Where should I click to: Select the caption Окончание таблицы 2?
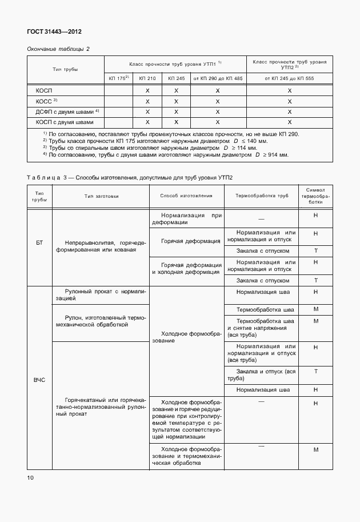tap(59, 49)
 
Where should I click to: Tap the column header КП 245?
tap(176, 78)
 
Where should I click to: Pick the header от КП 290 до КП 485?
tap(218, 78)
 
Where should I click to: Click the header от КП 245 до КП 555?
tap(289, 78)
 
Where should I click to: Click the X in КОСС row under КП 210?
tap(147, 101)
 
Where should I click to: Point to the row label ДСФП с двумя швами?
tap(65, 111)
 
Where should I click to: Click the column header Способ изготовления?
tap(186, 196)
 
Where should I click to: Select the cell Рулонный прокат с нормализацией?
tap(100, 294)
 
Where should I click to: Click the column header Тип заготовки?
tap(101, 196)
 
